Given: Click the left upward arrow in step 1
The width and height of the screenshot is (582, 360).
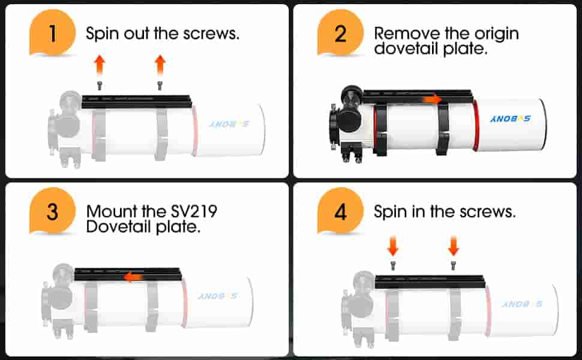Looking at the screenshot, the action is tap(100, 65).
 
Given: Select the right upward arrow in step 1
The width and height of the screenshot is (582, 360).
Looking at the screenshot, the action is tap(160, 65).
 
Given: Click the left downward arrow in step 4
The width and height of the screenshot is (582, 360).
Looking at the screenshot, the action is tap(393, 246).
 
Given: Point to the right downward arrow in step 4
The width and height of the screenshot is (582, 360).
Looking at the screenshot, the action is tap(453, 246).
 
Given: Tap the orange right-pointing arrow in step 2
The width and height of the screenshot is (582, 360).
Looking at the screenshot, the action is tap(433, 99).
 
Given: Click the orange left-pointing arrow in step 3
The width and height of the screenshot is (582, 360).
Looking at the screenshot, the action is tap(133, 277).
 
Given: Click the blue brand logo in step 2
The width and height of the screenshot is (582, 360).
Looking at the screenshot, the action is tap(510, 119).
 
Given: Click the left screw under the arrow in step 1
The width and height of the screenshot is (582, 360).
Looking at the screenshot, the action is tap(100, 86).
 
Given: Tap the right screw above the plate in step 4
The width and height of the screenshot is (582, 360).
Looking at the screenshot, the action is tap(453, 265).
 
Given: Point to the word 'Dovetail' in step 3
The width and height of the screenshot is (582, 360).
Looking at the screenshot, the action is tap(118, 227).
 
